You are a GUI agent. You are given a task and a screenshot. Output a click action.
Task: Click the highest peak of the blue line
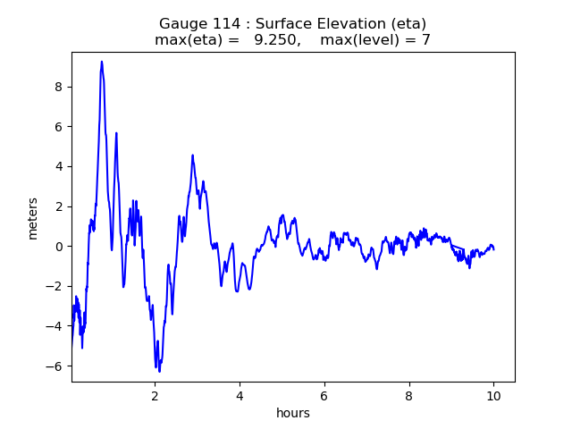coord(102,62)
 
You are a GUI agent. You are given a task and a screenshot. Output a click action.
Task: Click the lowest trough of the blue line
coord(159,371)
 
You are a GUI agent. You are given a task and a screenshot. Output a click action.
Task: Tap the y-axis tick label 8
coord(59,87)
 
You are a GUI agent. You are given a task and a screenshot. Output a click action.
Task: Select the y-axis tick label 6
coord(59,127)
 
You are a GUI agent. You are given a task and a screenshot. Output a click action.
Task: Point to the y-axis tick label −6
coord(55,366)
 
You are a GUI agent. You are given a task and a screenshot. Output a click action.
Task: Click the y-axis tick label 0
coord(59,247)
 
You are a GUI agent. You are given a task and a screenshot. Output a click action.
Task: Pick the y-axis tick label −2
coord(55,287)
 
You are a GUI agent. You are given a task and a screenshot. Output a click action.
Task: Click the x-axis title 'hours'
coord(293,413)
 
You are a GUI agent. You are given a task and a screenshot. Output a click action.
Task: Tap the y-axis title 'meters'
coord(33,218)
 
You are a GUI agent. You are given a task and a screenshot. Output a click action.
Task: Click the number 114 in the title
coord(219,24)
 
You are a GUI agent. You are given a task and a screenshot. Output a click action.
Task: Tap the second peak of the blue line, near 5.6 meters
coord(116,133)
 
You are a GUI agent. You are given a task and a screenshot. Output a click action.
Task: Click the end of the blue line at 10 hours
coord(493,248)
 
